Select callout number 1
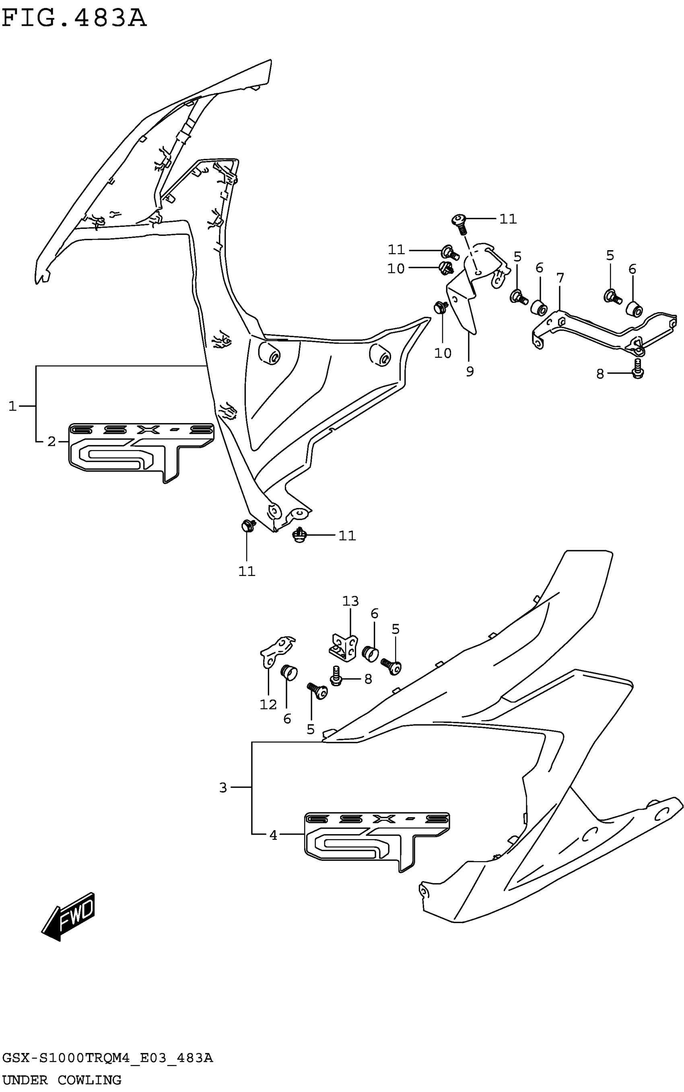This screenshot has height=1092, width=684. [12, 406]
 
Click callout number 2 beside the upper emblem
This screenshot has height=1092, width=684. [52, 441]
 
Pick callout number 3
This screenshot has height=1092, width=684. [223, 788]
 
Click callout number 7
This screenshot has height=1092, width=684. [560, 278]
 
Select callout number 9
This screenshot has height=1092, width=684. [470, 371]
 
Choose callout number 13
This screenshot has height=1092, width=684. [350, 601]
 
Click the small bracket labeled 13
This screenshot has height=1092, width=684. [343, 645]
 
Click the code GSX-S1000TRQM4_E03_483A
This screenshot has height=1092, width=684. [107, 1058]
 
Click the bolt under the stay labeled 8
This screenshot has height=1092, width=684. [638, 368]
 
